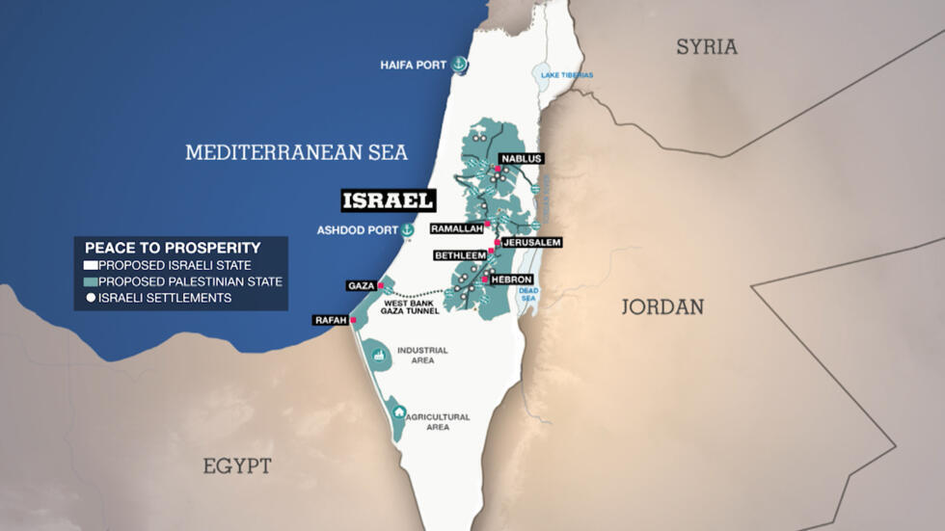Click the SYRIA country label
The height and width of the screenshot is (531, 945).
click(x=706, y=46)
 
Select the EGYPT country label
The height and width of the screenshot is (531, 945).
click(x=236, y=465)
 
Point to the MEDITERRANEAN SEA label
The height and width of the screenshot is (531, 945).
click(x=296, y=152)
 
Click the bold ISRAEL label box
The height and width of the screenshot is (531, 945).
click(x=389, y=200)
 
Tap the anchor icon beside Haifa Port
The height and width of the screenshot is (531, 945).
click(x=460, y=65)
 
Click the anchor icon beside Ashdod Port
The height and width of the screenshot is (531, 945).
click(x=407, y=230)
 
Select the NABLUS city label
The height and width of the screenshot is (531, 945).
click(x=522, y=158)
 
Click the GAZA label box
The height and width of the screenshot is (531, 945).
click(x=360, y=286)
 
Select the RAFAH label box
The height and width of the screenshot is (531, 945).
click(x=330, y=320)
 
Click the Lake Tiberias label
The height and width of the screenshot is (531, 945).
click(x=566, y=74)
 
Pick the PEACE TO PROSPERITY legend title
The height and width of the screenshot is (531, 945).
click(x=173, y=248)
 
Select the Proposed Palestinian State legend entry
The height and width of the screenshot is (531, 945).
click(x=183, y=281)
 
